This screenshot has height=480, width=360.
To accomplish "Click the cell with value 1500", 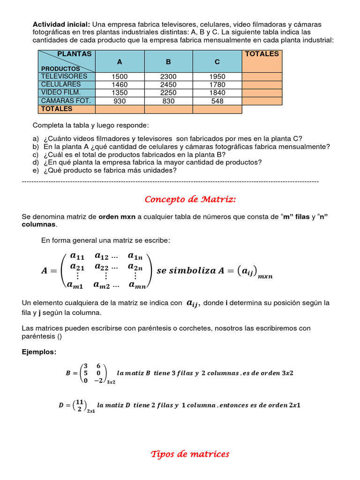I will coord(120,76).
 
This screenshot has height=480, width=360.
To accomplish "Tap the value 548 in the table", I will coord(217,101).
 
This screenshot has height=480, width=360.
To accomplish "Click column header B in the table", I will coord(168,62).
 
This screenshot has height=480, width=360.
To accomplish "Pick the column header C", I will coord(217,62).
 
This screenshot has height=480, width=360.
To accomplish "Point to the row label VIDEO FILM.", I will coord(61,92).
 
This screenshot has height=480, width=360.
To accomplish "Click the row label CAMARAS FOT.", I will coord(66,101).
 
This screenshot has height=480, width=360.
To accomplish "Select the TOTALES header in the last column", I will coord(262,54).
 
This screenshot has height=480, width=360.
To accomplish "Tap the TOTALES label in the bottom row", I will coord(57,109).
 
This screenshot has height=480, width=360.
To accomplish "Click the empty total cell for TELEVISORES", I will coord(262,76).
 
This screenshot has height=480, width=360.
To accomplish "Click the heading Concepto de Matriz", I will coord(190,200).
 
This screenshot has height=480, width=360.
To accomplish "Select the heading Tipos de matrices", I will coord(190,454).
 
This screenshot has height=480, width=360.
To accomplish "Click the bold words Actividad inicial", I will coord(61,24).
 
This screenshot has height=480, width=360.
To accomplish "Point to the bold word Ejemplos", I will coord(39,352).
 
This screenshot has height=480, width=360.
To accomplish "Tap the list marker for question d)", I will coord(36,163).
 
